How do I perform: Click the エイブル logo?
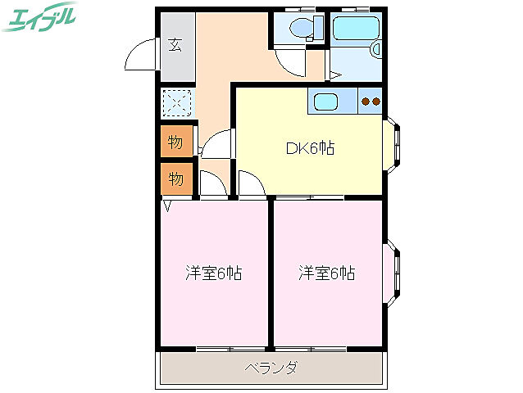(x=39, y=17)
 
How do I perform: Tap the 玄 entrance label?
(x=175, y=45)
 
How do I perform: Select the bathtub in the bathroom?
(x=356, y=28)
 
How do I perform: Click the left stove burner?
(x=366, y=102)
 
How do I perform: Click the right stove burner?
(x=376, y=102)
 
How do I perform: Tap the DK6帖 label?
(x=310, y=148)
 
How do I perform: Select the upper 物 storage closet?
(x=177, y=141)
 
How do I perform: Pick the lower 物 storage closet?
(x=177, y=178)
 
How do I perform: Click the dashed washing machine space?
(x=177, y=102)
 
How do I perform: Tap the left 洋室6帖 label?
(x=214, y=273)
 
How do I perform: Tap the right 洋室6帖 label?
(x=327, y=273)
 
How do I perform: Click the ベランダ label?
(x=271, y=368)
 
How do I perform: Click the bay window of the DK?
(x=392, y=145)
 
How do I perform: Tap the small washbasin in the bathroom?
(x=376, y=50)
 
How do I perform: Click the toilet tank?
(x=319, y=27)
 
